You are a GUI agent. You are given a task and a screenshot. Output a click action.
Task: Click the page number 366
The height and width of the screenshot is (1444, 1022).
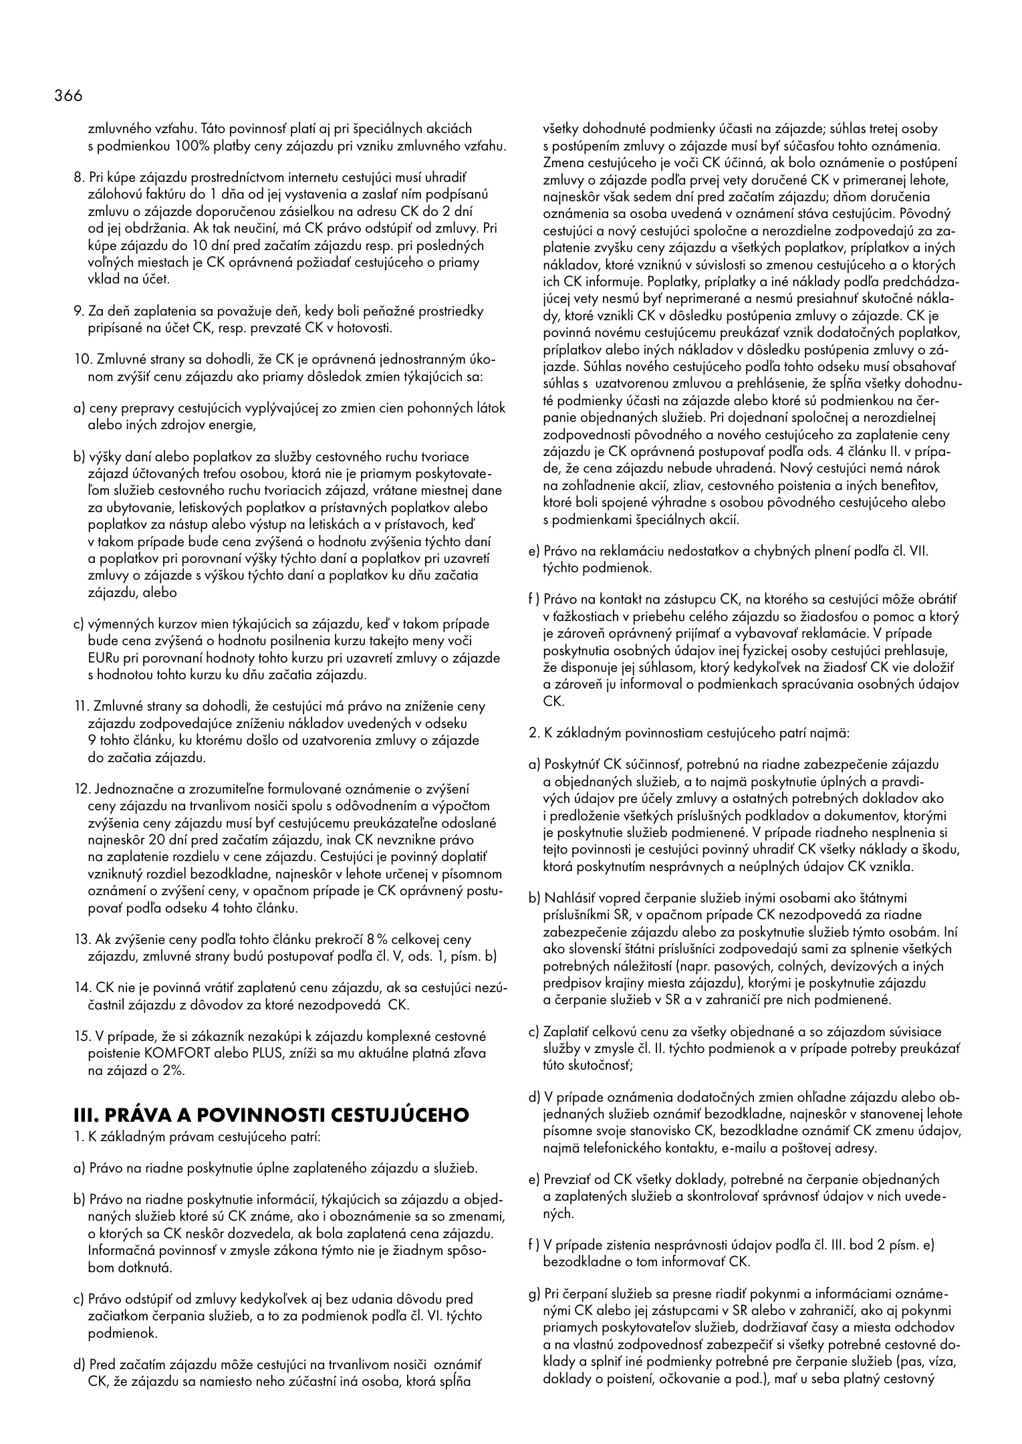(x=69, y=96)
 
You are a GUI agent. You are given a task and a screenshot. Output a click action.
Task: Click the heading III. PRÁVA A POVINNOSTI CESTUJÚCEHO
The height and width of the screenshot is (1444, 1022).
(x=271, y=1114)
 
